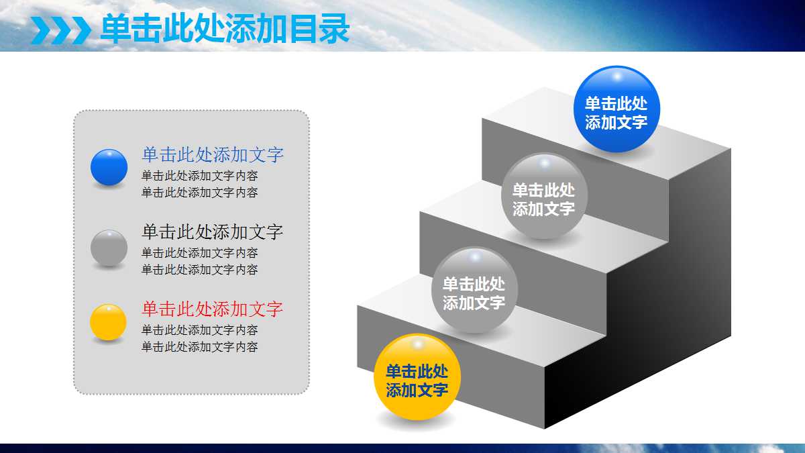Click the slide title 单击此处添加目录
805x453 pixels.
pos(225,30)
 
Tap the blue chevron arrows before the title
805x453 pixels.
pos(61,30)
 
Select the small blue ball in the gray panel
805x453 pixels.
pos(109,167)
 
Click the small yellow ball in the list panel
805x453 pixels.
pos(109,322)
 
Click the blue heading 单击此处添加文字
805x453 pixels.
pos(213,155)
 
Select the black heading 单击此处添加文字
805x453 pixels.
pos(213,232)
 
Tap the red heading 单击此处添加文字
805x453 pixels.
pos(213,309)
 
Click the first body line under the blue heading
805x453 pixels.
pos(200,176)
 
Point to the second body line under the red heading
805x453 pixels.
pos(200,347)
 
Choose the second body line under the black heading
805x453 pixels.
pos(200,270)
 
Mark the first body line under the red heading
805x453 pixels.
pos(200,330)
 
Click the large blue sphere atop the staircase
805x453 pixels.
pos(616,109)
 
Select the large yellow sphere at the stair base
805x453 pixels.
pos(417,377)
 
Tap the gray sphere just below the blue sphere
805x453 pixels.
pos(544,196)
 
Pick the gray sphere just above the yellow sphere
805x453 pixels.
pos(474,290)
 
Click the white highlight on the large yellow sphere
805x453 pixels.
pos(417,344)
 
